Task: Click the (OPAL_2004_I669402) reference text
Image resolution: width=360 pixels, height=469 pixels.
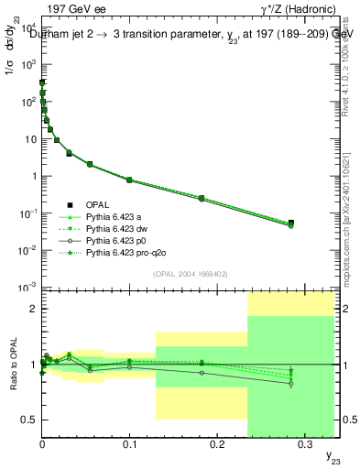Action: [188, 273]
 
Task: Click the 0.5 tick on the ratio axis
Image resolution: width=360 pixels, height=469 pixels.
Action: [30, 420]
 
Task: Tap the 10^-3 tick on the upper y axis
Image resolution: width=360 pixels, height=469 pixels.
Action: [29, 288]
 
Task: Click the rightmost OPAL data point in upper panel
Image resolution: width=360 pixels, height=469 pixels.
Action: [291, 223]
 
